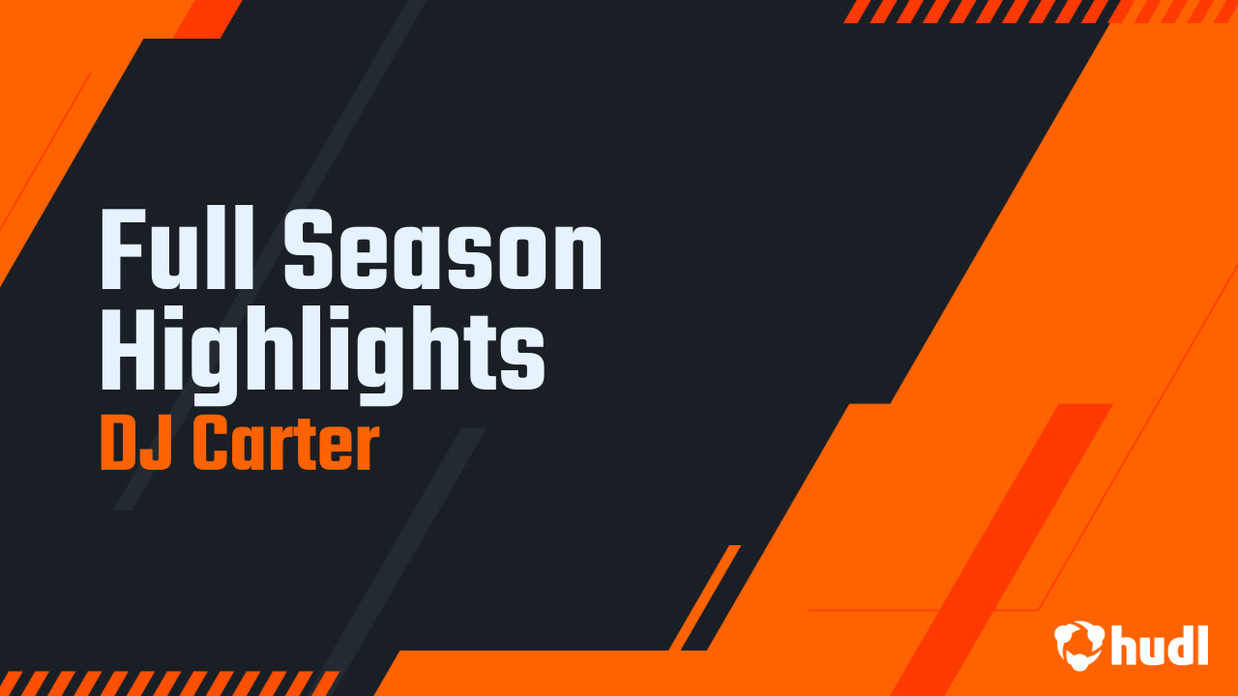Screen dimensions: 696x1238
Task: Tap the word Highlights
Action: pos(323,356)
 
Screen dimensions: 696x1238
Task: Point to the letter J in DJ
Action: pos(162,445)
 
